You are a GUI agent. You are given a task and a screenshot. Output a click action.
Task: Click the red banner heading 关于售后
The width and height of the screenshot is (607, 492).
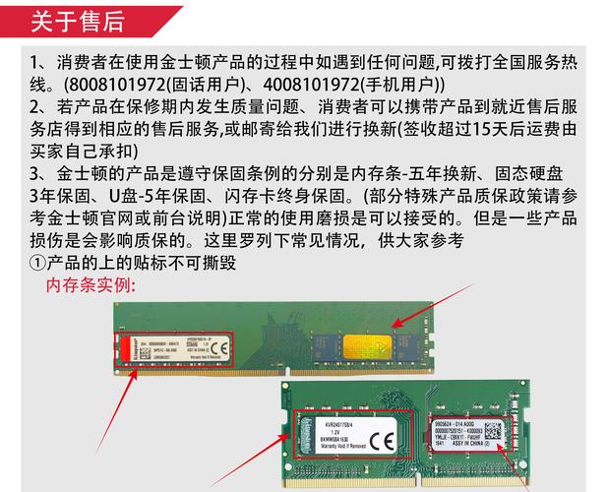79,20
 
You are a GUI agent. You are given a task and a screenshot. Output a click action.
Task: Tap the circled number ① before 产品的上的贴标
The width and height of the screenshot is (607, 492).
37,263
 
